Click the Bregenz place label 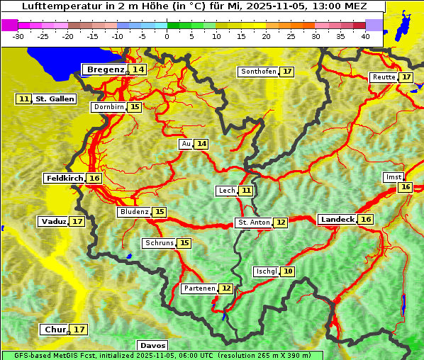pyautogui.click(x=105, y=69)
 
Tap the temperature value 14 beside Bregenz pyautogui.click(x=138, y=69)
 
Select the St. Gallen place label pyautogui.click(x=55, y=99)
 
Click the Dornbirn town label pyautogui.click(x=108, y=107)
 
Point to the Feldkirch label pyautogui.click(x=65, y=179)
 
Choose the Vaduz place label pyautogui.click(x=53, y=222)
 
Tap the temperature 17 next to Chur pyautogui.click(x=79, y=330)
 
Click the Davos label pyautogui.click(x=152, y=345)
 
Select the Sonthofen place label pyautogui.click(x=259, y=72)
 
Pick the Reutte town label pyautogui.click(x=384, y=77)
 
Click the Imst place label pyautogui.click(x=392, y=176)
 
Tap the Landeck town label pyautogui.click(x=337, y=220)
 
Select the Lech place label pyautogui.click(x=227, y=191)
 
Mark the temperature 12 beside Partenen pyautogui.click(x=225, y=288)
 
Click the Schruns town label pyautogui.click(x=159, y=243)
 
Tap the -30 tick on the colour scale pyautogui.click(x=18, y=36)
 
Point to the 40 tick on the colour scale pyautogui.click(x=365, y=36)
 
